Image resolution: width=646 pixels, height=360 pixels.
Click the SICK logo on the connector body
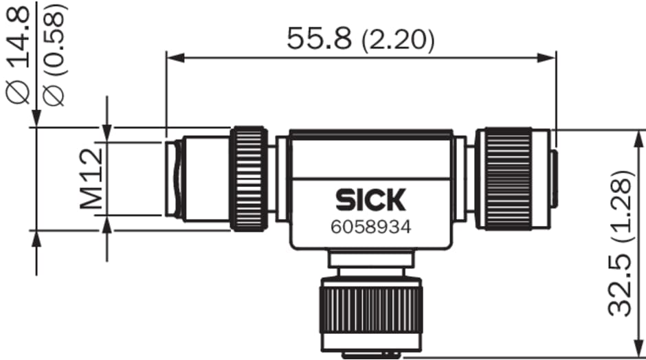pos(371,200)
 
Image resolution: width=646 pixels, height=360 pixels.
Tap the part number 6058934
pos(371,227)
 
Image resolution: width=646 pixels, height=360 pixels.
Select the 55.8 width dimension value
pos(320,38)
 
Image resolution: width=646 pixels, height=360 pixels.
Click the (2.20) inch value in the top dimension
pos(398,41)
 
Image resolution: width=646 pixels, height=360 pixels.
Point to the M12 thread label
pos(91,179)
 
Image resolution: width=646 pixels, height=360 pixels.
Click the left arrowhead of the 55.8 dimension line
pos(175,58)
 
